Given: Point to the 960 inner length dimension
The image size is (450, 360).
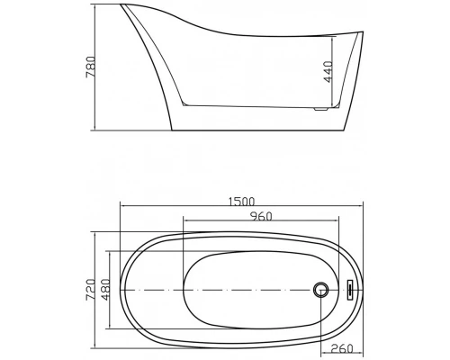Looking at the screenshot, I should point(261,217).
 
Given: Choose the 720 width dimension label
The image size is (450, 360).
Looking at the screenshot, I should point(91,289).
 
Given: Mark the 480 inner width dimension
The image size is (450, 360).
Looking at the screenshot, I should point(105,289).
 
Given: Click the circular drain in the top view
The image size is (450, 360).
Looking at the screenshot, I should point(319,290).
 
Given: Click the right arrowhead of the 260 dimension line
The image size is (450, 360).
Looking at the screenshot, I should point(368,342).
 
